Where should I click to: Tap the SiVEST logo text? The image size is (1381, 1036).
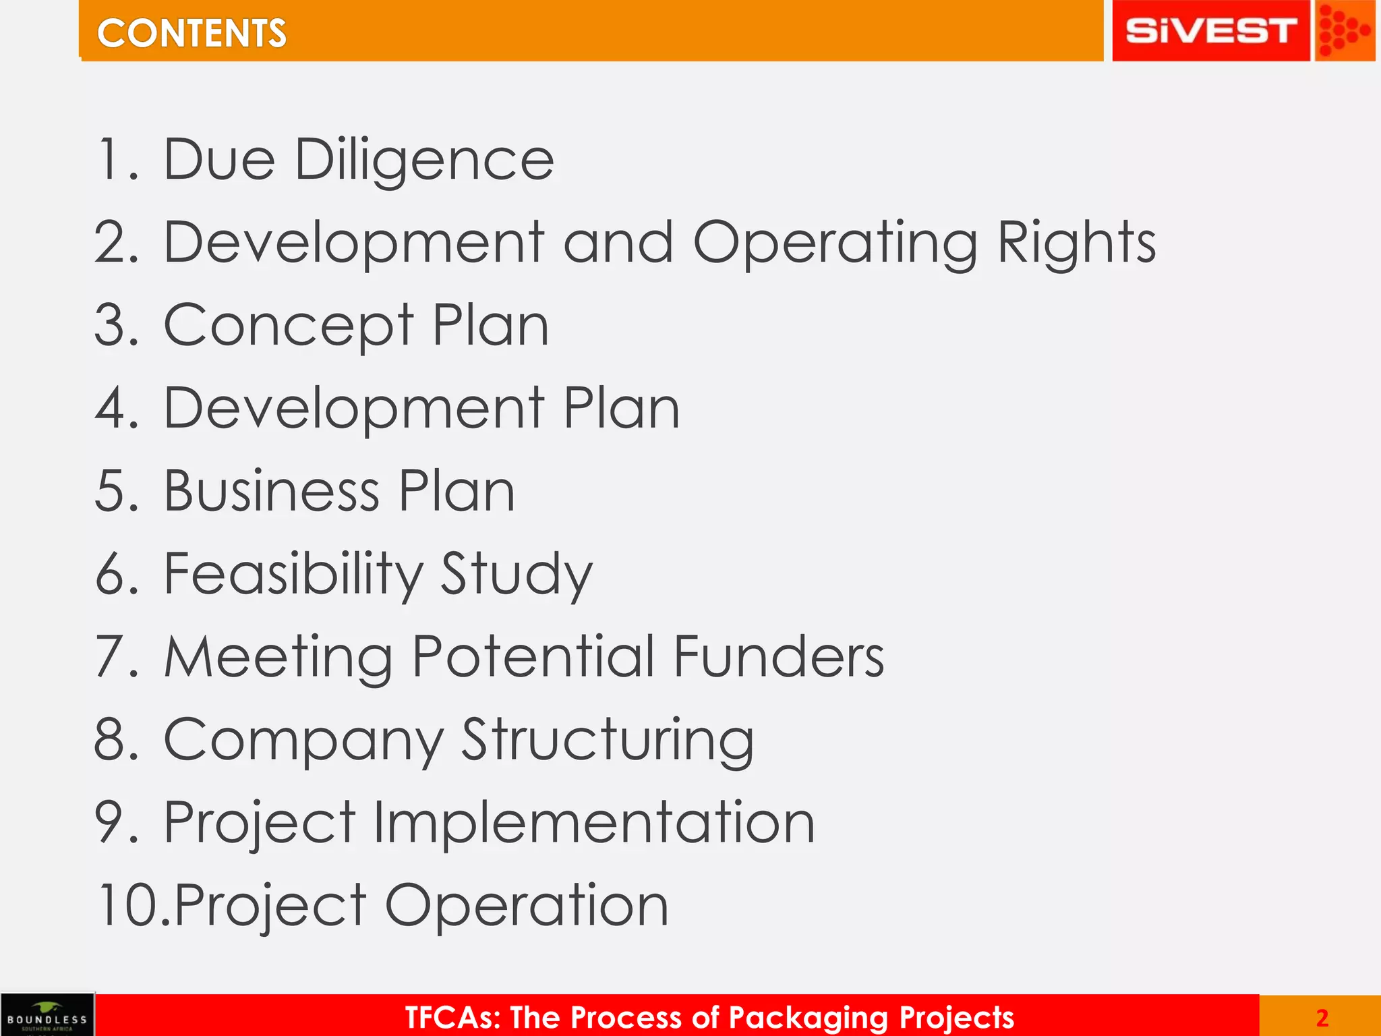[x=1210, y=31]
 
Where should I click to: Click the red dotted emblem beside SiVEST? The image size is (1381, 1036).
[x=1344, y=31]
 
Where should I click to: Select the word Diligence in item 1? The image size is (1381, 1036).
[x=425, y=161]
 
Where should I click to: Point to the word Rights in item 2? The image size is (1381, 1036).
[x=1076, y=243]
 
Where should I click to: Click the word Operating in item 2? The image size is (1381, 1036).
[x=835, y=243]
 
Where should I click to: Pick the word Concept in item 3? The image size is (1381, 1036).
[x=288, y=326]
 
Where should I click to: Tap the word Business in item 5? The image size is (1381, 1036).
[x=272, y=490]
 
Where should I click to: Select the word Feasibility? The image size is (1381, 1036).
[x=293, y=573]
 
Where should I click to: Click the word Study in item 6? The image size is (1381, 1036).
[x=517, y=573]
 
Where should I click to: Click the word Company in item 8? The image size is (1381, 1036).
[x=303, y=740]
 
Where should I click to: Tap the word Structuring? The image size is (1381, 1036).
[x=608, y=740]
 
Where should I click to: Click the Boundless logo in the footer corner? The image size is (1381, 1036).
[x=47, y=1014]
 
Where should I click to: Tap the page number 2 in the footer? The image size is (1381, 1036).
[x=1322, y=1018]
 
